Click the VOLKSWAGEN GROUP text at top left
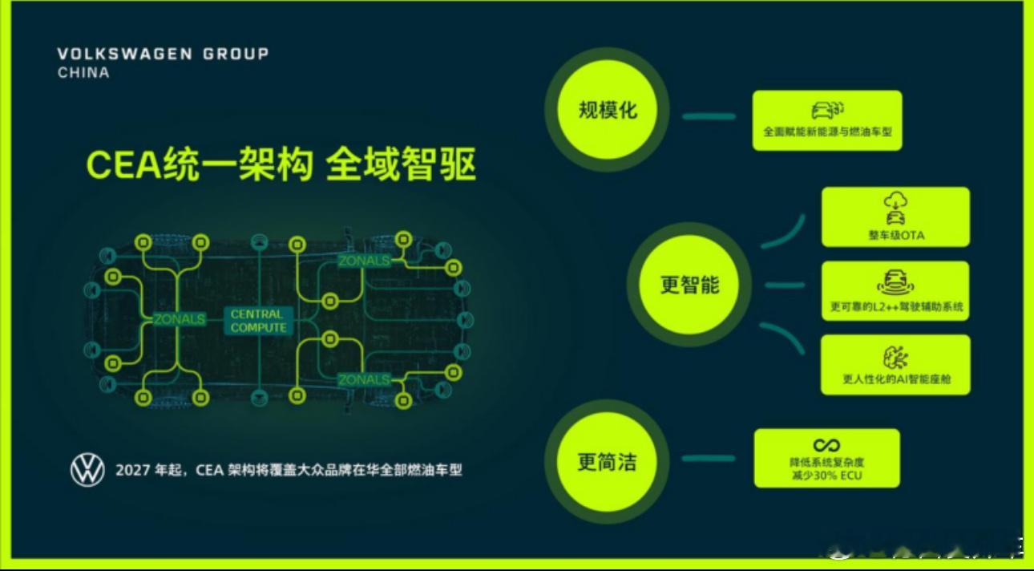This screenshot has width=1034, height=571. point(163,54)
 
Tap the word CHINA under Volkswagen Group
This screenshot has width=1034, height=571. point(83,72)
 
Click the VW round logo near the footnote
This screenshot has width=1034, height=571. point(87,470)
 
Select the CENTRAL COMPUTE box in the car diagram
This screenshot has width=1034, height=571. point(258,321)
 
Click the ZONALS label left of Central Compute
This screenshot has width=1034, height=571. point(179,319)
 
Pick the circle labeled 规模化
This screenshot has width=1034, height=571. point(607,109)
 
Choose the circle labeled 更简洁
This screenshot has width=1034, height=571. point(607,462)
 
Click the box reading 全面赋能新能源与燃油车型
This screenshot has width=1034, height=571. point(826,120)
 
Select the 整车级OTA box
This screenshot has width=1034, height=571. point(895,217)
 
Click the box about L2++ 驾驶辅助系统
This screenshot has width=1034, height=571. point(895,290)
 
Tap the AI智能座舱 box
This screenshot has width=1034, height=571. point(895,364)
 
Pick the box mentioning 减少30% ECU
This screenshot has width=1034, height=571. point(826,458)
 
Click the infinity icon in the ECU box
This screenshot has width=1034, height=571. point(826,445)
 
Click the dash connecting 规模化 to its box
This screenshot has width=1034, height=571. point(709,116)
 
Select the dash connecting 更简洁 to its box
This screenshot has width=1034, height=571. point(709,459)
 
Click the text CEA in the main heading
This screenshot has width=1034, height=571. point(112,166)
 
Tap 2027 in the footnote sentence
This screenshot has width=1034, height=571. point(132,471)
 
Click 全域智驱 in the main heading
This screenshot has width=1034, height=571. point(401,166)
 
